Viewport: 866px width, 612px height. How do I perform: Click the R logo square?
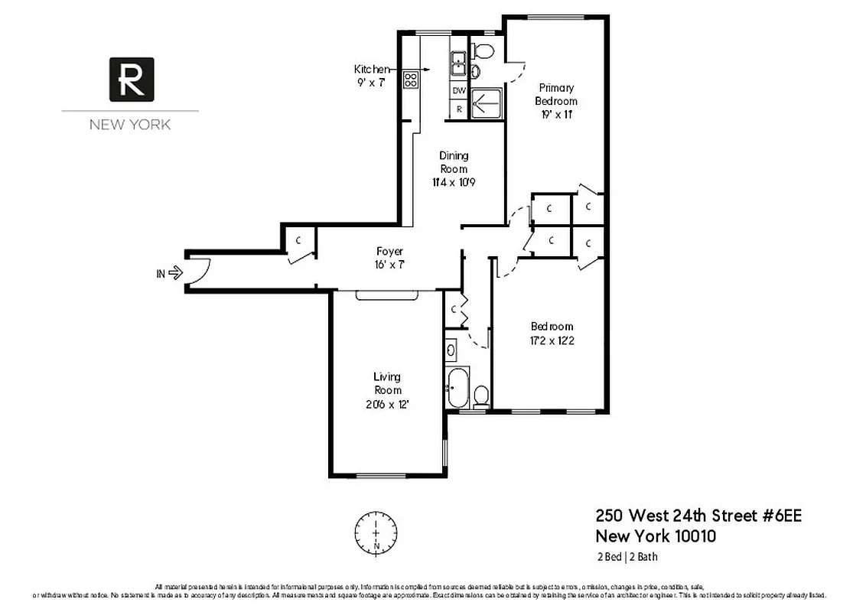click(132, 79)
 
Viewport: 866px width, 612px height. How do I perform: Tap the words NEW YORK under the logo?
click(130, 125)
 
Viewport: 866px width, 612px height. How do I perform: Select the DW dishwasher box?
click(459, 91)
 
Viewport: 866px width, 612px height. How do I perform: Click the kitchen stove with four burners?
click(411, 79)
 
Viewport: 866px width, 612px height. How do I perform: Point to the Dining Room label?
click(454, 162)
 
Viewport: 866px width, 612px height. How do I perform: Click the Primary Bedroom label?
click(556, 94)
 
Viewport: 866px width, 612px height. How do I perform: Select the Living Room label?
click(387, 382)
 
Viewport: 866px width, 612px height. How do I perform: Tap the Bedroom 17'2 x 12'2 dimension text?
click(552, 340)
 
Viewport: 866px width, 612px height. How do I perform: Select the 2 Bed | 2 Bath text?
click(627, 557)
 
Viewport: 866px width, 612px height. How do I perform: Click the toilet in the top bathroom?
click(483, 51)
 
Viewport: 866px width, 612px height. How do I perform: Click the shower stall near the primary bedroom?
click(486, 103)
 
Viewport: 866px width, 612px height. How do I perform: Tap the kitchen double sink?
click(459, 63)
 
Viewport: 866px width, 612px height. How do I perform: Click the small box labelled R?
click(459, 109)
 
